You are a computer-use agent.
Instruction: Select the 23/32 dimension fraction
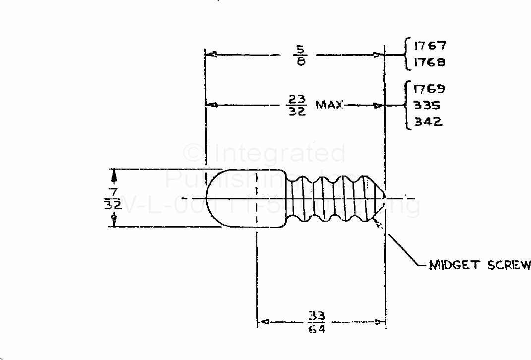coord(297,105)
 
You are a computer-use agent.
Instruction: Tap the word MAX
coord(329,105)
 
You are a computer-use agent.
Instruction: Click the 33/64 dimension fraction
coord(317,322)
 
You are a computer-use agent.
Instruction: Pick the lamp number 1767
coord(430,46)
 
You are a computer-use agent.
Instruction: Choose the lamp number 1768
coord(430,62)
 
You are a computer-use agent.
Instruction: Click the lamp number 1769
coord(429,89)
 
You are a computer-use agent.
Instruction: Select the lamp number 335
coord(427,106)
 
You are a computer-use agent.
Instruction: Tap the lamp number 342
coord(428,121)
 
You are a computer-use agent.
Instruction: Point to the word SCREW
coord(509,265)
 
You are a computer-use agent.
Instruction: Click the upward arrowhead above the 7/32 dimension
coord(115,174)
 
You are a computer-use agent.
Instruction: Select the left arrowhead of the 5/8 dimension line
coord(210,55)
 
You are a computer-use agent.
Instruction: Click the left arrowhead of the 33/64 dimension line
coord(263,322)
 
